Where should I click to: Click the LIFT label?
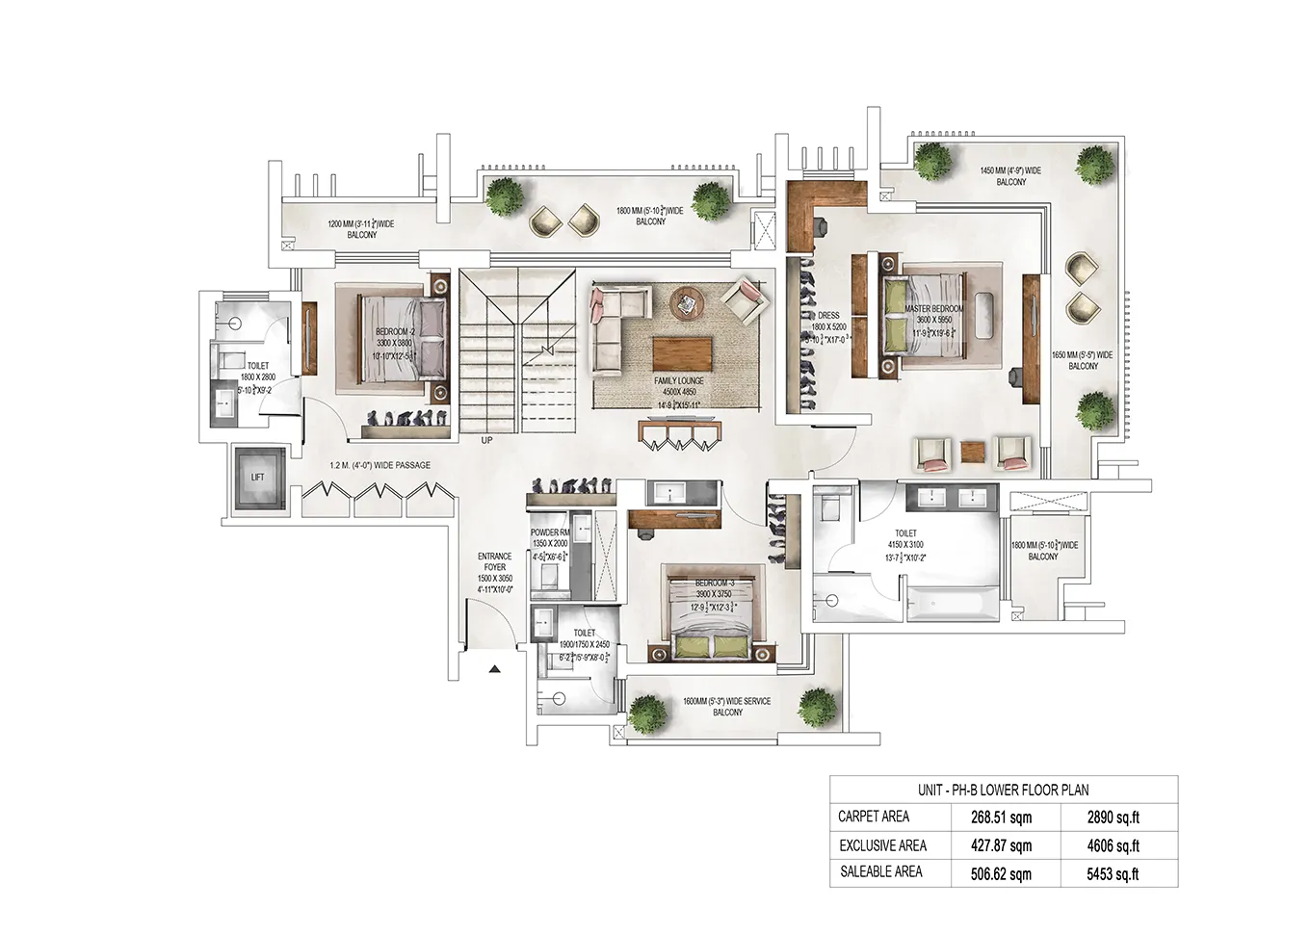pyautogui.click(x=257, y=478)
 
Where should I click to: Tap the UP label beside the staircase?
pyautogui.click(x=486, y=440)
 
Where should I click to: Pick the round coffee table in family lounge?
pyautogui.click(x=688, y=302)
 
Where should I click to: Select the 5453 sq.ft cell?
pyautogui.click(x=1113, y=874)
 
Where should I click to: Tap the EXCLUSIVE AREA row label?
pyautogui.click(x=882, y=845)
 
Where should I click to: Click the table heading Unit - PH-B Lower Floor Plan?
pyautogui.click(x=1003, y=790)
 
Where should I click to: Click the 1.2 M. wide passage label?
pyautogui.click(x=380, y=465)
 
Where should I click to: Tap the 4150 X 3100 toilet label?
pyautogui.click(x=905, y=544)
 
